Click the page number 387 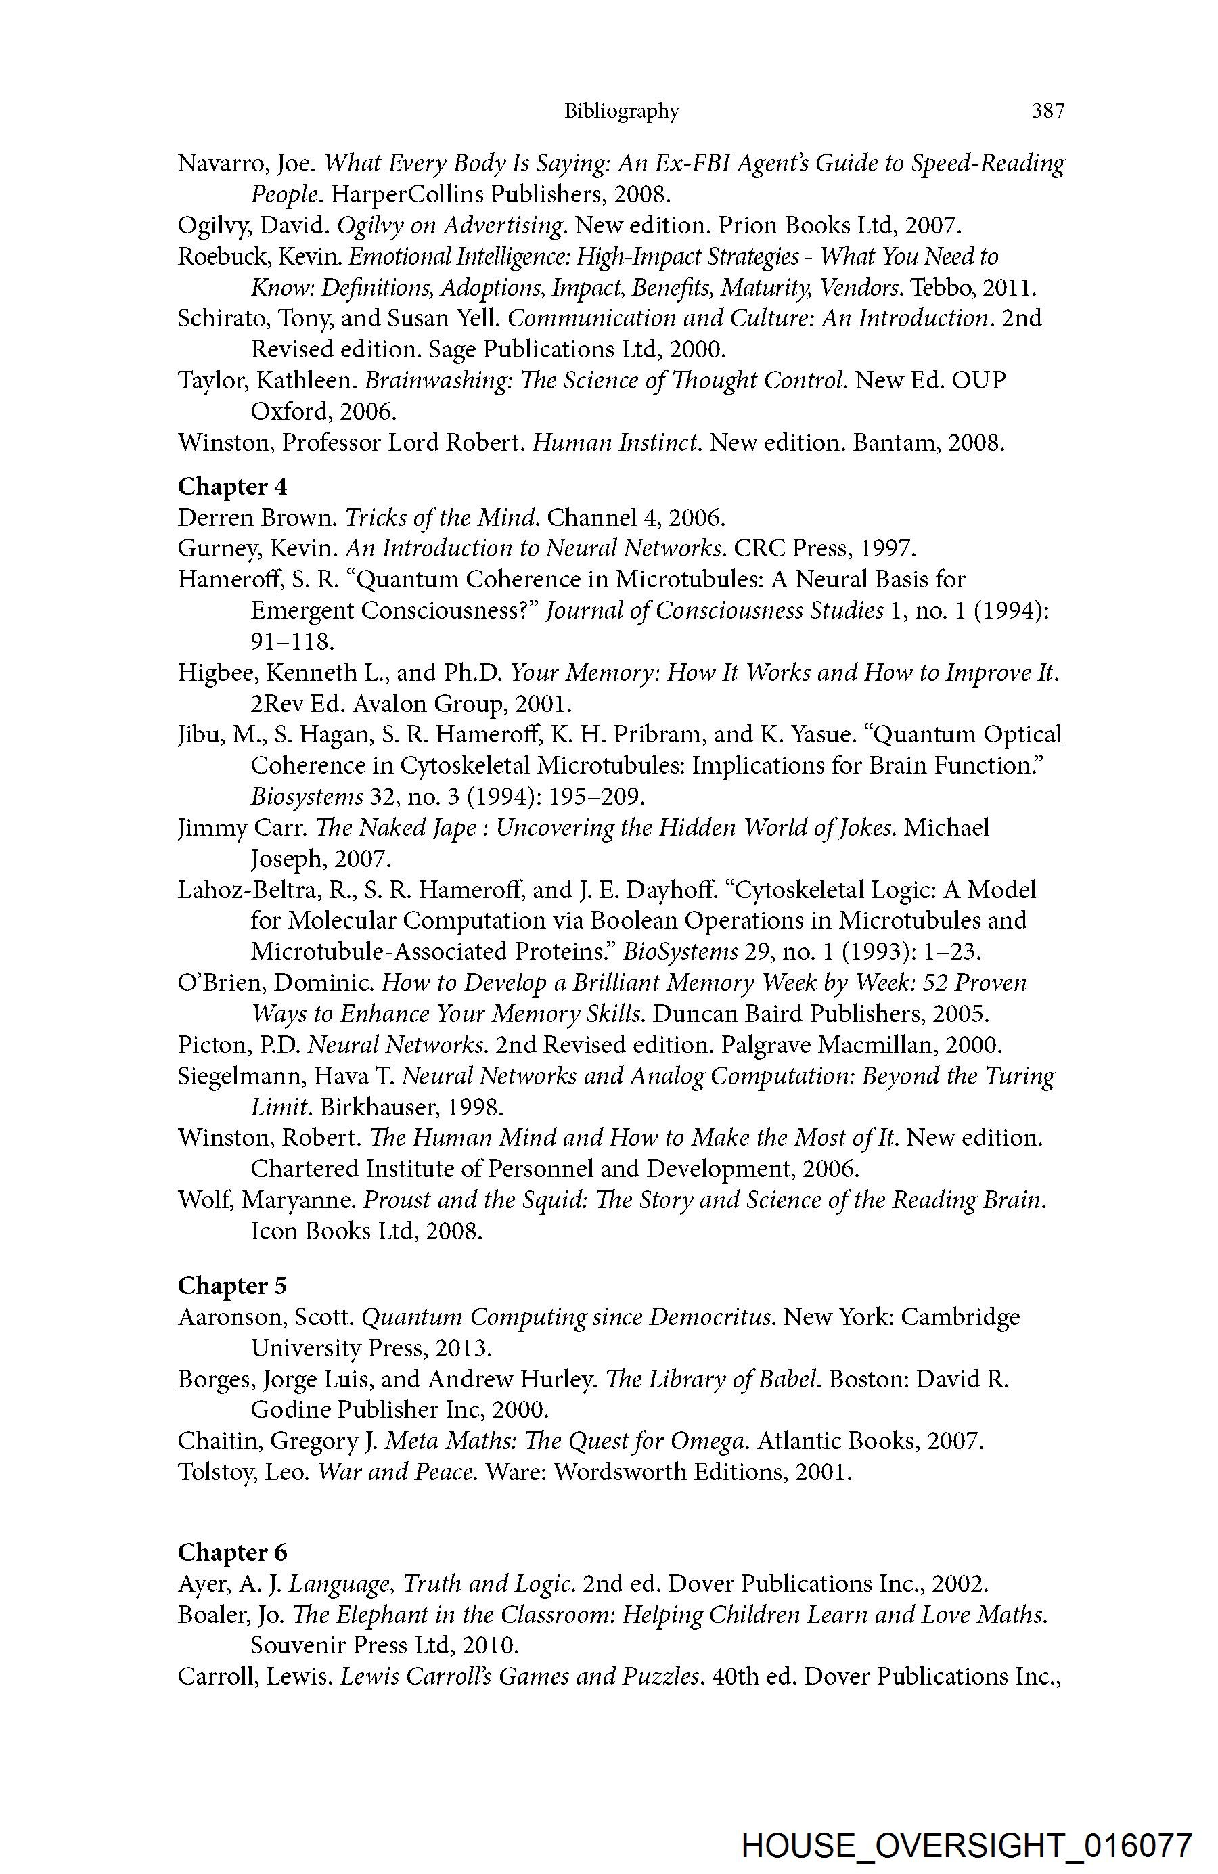pyautogui.click(x=1047, y=111)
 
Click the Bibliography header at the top pyautogui.click(x=621, y=111)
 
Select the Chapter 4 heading pyautogui.click(x=232, y=487)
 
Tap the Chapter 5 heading pyautogui.click(x=232, y=1286)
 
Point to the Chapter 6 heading pyautogui.click(x=232, y=1553)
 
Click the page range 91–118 pyautogui.click(x=292, y=642)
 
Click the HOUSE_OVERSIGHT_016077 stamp pyautogui.click(x=967, y=1846)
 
